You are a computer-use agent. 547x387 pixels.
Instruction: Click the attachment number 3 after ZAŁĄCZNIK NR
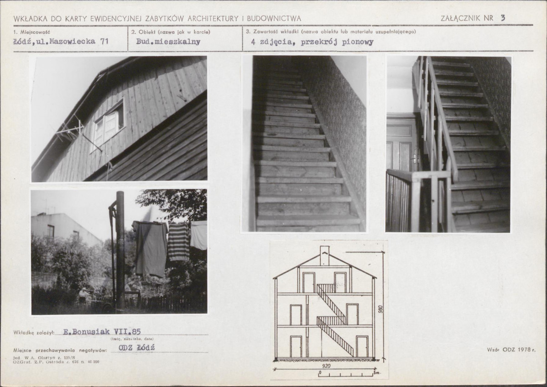click(x=503, y=18)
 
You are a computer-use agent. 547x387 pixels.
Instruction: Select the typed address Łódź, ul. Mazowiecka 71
click(x=61, y=42)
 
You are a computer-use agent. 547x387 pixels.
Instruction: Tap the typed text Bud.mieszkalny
click(x=168, y=42)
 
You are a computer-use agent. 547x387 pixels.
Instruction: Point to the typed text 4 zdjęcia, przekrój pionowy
click(x=312, y=42)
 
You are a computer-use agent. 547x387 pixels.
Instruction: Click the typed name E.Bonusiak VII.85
click(x=102, y=332)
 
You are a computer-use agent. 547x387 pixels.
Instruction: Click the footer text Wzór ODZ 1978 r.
click(x=511, y=349)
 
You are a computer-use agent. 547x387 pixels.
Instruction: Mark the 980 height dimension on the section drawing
click(x=380, y=309)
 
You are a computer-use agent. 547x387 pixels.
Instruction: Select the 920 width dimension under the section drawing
click(x=326, y=366)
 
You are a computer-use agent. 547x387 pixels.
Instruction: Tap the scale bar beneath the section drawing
click(x=347, y=374)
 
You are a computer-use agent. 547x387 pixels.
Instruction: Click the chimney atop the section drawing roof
click(x=324, y=256)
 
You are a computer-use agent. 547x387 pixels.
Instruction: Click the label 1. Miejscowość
click(x=32, y=32)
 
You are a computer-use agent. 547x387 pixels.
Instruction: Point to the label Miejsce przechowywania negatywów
click(x=60, y=350)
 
